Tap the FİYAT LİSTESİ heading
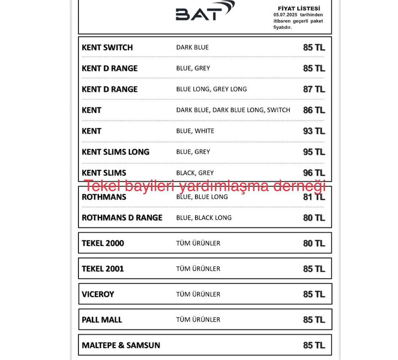point(299,8)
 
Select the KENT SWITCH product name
point(107,48)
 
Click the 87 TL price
point(314,89)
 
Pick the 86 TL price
point(314,110)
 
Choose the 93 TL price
point(314,131)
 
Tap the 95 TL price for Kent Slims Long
point(314,152)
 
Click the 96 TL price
point(314,173)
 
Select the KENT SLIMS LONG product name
point(115,152)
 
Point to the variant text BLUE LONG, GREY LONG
point(211,89)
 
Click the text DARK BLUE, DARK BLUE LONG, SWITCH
point(233,110)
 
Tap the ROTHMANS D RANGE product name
point(122,217)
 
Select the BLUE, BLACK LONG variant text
point(203,217)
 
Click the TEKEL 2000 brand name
point(103,243)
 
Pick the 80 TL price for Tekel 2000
point(314,243)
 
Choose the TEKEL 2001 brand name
point(103,269)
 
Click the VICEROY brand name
point(98,294)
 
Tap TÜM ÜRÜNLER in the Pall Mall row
point(198,320)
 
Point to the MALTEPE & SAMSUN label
point(121,345)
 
